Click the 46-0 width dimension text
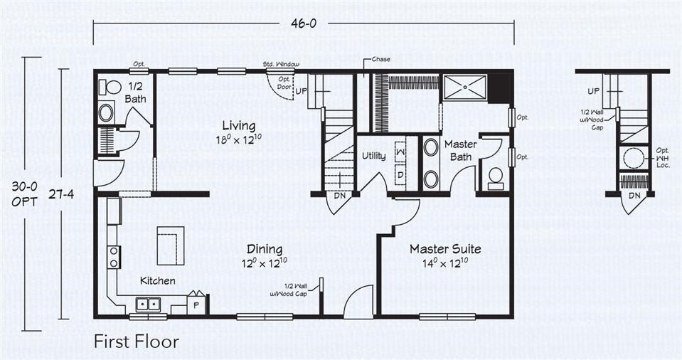[304, 23]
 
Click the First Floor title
[136, 342]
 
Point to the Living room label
[238, 126]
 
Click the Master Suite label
[445, 249]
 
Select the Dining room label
[265, 249]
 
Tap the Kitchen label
[157, 281]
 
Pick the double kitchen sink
[149, 305]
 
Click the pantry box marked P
[197, 304]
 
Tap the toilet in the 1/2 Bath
[112, 88]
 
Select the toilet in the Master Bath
[496, 176]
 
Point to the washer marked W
[400, 151]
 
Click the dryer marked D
[400, 173]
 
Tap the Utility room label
[374, 154]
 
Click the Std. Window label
[281, 64]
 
